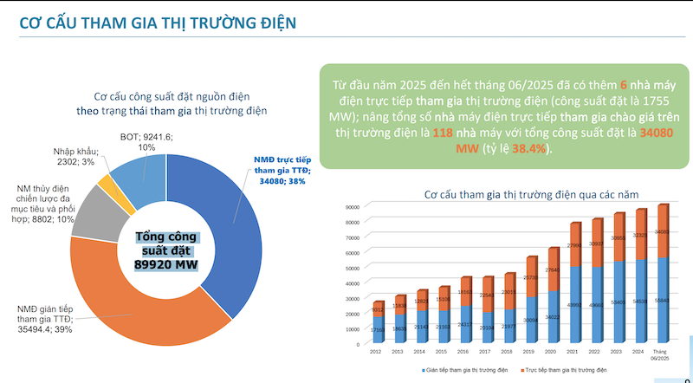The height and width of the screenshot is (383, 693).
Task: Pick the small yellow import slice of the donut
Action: tap(107, 182)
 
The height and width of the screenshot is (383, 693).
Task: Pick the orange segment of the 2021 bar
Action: tap(575, 245)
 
